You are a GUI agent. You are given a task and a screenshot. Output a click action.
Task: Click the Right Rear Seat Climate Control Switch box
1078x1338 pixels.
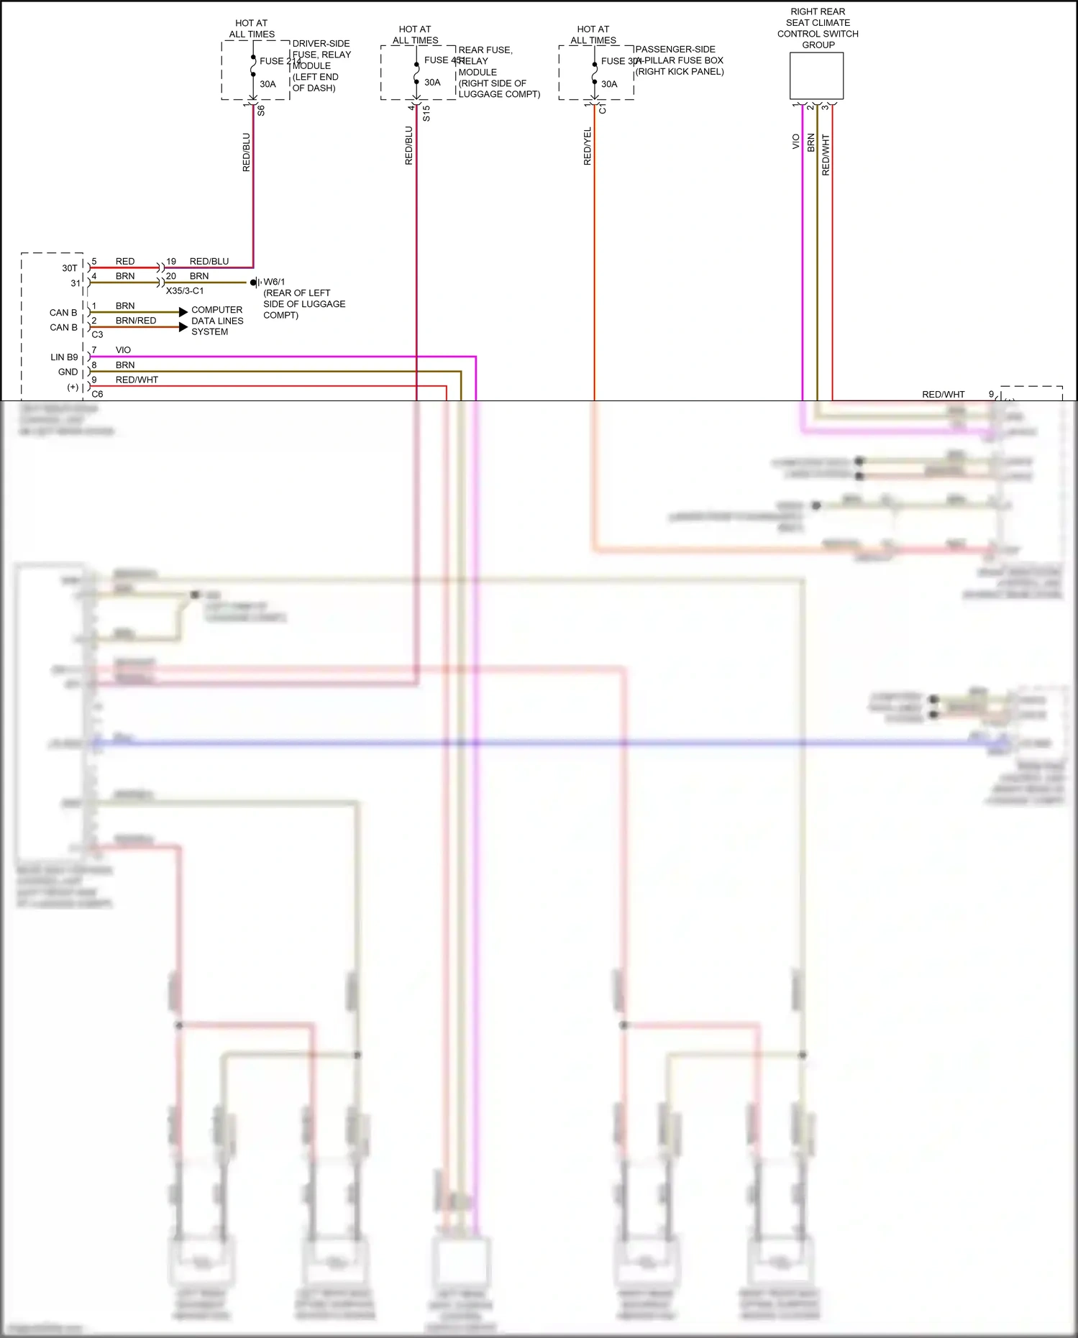[816, 76]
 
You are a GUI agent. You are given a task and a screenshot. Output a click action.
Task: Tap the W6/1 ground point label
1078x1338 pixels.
[274, 282]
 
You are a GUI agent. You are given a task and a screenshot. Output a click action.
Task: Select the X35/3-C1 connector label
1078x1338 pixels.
[185, 291]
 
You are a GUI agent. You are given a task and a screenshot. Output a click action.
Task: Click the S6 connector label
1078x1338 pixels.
[261, 111]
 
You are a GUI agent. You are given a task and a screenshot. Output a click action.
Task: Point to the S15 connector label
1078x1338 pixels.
[426, 113]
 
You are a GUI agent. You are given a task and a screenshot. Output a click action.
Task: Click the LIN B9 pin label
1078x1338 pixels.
[64, 357]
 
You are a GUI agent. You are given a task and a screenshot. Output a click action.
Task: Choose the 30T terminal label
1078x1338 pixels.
[69, 268]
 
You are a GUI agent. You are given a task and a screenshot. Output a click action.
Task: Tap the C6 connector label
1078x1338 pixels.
[97, 394]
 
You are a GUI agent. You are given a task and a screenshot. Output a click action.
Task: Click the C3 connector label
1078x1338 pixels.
[97, 334]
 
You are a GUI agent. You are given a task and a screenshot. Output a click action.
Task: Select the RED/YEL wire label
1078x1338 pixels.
[588, 147]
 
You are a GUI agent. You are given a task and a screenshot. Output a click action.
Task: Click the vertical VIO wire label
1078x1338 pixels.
[795, 142]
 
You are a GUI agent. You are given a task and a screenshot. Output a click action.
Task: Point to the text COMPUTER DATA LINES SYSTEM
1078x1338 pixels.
[216, 321]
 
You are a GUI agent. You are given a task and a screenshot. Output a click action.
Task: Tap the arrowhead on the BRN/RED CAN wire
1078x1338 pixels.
[183, 327]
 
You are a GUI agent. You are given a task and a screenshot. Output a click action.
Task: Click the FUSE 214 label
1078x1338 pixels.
[280, 61]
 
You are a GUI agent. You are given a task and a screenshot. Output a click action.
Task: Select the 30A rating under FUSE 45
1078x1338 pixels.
[432, 83]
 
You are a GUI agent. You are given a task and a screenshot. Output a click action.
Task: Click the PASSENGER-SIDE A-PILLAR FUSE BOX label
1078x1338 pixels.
[679, 60]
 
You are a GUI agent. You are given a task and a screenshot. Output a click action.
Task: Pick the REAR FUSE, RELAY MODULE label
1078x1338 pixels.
[499, 72]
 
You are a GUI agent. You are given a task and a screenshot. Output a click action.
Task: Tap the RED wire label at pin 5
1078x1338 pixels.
[125, 262]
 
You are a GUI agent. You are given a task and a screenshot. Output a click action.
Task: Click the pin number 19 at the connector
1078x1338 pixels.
[171, 262]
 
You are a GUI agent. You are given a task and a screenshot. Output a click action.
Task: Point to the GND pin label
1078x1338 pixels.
[68, 372]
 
